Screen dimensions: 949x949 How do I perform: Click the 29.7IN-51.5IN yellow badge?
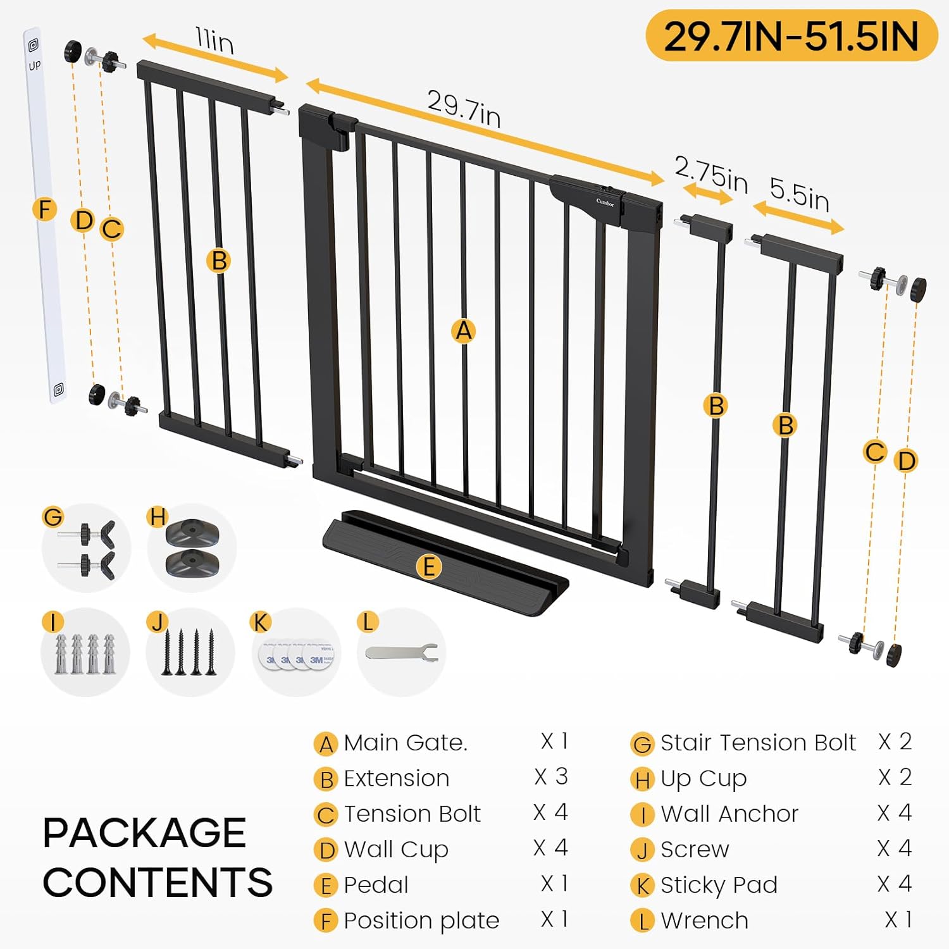coord(791,35)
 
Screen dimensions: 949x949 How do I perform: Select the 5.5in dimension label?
coord(799,193)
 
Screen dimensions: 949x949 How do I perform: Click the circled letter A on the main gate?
coord(464,330)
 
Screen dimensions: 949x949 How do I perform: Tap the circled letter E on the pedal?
coord(428,566)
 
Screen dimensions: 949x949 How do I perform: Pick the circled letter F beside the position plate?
coord(44,209)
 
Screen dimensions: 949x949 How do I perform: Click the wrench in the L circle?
coord(402,652)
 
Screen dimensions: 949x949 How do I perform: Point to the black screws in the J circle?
coord(189,652)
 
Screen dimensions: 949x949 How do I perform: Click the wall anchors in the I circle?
coord(85,654)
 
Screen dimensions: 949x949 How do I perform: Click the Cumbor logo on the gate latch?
coord(605,202)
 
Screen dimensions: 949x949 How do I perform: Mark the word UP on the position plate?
coord(34,65)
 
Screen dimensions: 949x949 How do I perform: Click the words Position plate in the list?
coord(421,921)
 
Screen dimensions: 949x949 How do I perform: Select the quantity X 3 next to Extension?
coord(551,777)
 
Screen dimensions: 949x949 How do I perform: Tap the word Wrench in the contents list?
coord(704,921)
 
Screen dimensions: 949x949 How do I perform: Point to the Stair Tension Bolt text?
coord(758,742)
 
